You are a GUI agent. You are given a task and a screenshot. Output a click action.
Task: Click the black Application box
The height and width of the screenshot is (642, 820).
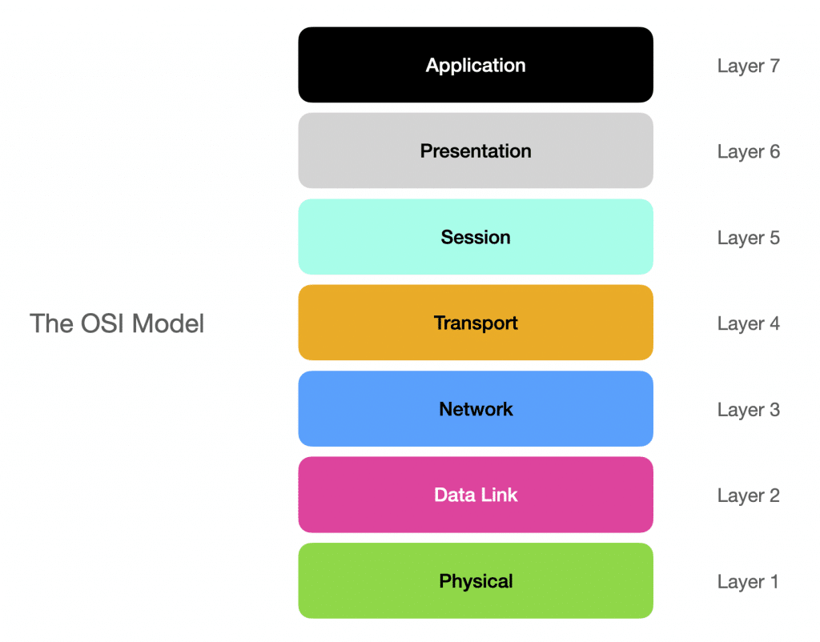pyautogui.click(x=476, y=65)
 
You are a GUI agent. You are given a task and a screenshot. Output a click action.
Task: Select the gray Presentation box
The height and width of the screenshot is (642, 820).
pyautogui.click(x=476, y=150)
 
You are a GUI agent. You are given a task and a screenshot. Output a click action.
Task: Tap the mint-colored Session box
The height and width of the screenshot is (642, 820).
pyautogui.click(x=476, y=237)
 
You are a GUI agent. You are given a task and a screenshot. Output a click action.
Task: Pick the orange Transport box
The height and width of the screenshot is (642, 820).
pyautogui.click(x=476, y=323)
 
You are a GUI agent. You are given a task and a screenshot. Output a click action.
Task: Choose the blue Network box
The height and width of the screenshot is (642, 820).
pyautogui.click(x=476, y=409)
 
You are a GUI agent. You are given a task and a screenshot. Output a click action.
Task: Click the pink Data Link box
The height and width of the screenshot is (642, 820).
pyautogui.click(x=476, y=495)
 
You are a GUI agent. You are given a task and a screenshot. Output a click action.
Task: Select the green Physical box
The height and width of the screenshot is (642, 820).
pyautogui.click(x=476, y=581)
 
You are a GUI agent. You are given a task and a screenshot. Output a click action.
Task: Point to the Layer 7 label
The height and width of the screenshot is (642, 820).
pyautogui.click(x=748, y=66)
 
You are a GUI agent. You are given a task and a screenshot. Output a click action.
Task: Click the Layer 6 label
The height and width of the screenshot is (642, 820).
pyautogui.click(x=748, y=152)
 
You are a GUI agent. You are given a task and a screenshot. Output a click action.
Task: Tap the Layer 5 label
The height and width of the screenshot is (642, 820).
pyautogui.click(x=748, y=238)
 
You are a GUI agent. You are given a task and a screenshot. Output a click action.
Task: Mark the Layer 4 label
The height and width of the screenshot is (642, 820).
pyautogui.click(x=748, y=324)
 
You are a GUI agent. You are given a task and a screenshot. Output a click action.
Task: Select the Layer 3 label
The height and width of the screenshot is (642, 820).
pyautogui.click(x=748, y=410)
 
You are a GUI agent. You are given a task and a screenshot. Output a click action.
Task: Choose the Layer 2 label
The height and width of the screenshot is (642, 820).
pyautogui.click(x=748, y=496)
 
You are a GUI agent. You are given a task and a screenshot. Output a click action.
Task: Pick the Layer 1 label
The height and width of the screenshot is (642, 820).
pyautogui.click(x=748, y=582)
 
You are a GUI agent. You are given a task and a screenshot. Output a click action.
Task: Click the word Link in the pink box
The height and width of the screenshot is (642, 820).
pyautogui.click(x=499, y=495)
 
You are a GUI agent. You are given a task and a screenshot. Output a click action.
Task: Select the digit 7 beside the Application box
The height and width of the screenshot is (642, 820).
pyautogui.click(x=774, y=66)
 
